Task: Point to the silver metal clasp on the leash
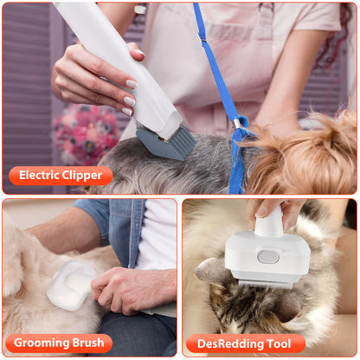click(238, 126)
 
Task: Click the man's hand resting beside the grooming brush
click(130, 290)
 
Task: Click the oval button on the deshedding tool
click(268, 257)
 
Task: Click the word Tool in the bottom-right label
click(280, 344)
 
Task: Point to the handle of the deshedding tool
click(268, 221)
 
